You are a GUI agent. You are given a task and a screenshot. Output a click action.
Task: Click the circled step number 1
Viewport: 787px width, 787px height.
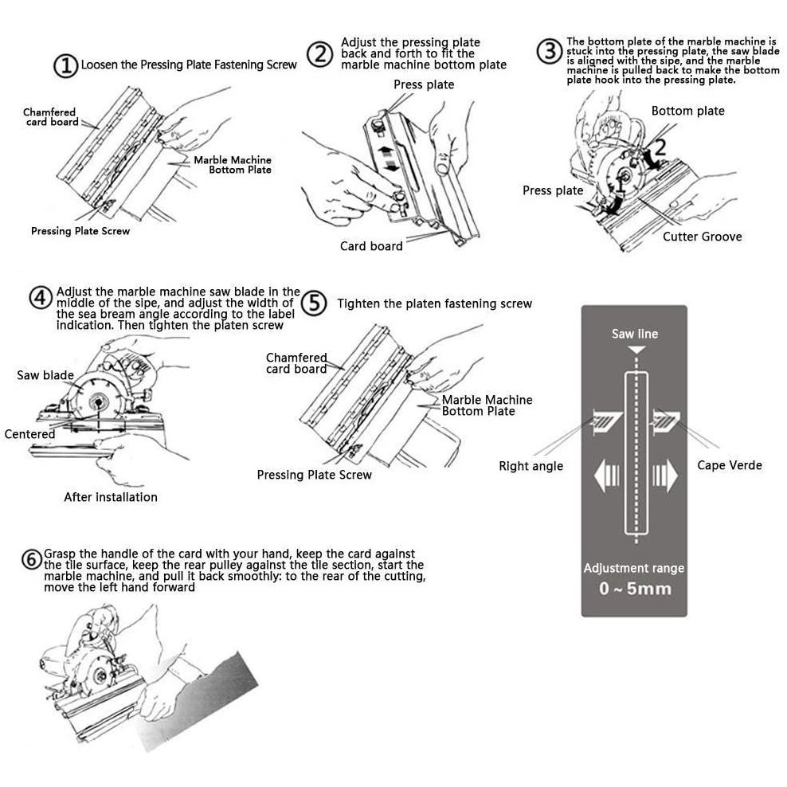pyautogui.click(x=65, y=66)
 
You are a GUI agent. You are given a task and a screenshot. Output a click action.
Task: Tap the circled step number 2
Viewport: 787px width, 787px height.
pyautogui.click(x=319, y=54)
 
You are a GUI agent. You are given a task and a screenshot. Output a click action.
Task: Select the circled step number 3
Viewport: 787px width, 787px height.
pyautogui.click(x=549, y=51)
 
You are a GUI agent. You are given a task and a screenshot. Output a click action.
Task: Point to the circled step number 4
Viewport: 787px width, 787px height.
pyautogui.click(x=41, y=298)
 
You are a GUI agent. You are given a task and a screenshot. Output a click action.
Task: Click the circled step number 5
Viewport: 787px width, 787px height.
pyautogui.click(x=314, y=303)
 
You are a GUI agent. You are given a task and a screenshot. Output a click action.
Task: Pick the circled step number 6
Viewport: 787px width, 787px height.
pyautogui.click(x=31, y=559)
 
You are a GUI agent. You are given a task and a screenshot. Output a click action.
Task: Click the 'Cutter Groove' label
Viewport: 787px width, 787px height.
pyautogui.click(x=703, y=237)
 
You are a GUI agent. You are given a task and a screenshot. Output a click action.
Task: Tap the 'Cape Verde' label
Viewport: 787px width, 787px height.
pyautogui.click(x=730, y=465)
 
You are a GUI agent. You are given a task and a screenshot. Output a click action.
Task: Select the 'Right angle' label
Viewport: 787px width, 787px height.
pyautogui.click(x=531, y=466)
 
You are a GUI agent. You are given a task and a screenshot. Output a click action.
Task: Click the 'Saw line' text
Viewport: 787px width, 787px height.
pyautogui.click(x=634, y=334)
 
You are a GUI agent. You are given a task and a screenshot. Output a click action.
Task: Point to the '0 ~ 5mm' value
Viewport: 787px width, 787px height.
pyautogui.click(x=635, y=588)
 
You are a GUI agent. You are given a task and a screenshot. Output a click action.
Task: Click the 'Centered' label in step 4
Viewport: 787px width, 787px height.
pyautogui.click(x=29, y=434)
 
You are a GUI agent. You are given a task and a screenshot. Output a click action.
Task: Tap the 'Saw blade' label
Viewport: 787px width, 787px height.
pyautogui.click(x=45, y=375)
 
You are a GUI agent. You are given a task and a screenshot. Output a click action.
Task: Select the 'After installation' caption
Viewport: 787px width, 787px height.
pyautogui.click(x=111, y=497)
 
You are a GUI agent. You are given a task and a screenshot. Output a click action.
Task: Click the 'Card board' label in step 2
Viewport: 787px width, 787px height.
pyautogui.click(x=371, y=246)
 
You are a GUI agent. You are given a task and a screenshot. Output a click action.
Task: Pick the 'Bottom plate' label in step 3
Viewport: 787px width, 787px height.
pyautogui.click(x=687, y=111)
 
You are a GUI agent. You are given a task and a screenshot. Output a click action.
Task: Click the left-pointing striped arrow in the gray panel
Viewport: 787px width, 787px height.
pyautogui.click(x=607, y=475)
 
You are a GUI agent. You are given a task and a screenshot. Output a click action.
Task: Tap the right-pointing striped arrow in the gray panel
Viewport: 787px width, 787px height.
pyautogui.click(x=665, y=475)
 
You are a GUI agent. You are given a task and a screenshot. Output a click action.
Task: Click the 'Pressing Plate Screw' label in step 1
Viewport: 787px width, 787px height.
pyautogui.click(x=80, y=231)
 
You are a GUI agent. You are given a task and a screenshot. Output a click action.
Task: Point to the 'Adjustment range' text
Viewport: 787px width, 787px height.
pyautogui.click(x=634, y=568)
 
